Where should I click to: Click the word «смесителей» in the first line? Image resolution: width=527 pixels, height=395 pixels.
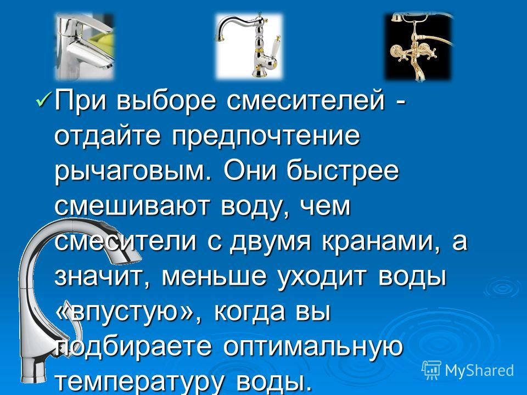(x=305, y=100)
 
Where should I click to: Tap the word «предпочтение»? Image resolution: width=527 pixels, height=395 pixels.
(x=266, y=137)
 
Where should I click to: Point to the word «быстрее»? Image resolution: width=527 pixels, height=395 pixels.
(x=343, y=171)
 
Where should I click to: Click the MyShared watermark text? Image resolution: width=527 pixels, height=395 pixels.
(x=479, y=371)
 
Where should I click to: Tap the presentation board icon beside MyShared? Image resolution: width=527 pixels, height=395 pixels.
(x=431, y=370)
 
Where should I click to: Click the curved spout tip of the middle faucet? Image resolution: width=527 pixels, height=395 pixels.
(x=221, y=39)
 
